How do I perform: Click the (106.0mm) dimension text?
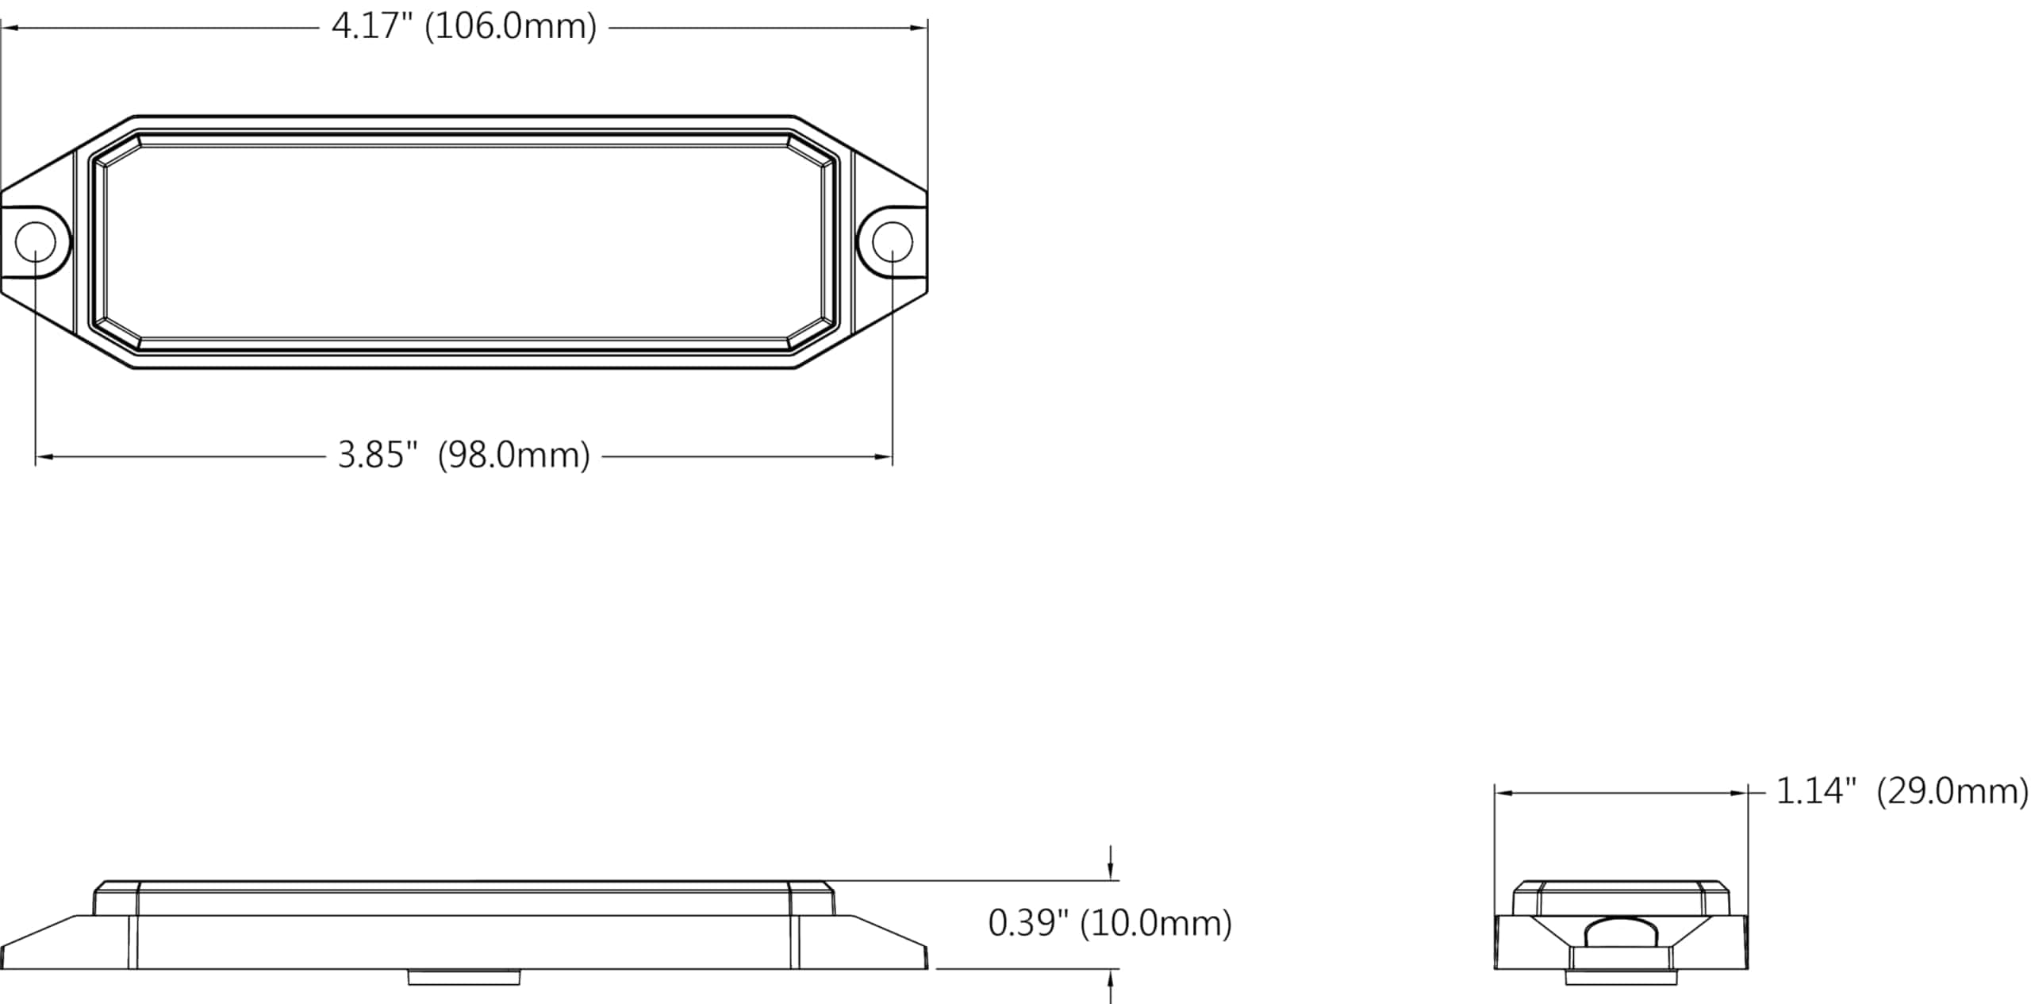coord(510,27)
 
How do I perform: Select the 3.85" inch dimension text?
coord(378,456)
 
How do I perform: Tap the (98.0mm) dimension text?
coord(513,456)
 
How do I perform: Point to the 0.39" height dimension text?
coord(1028,923)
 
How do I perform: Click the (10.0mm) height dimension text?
coord(1155,923)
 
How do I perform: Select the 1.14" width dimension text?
coord(1816,791)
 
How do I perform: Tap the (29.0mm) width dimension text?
coord(1952,791)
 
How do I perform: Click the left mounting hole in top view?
coord(36,242)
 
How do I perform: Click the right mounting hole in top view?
coord(892,242)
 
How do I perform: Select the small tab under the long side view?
coord(464,977)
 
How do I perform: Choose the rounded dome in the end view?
coord(1621,932)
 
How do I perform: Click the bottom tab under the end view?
coord(1621,978)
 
